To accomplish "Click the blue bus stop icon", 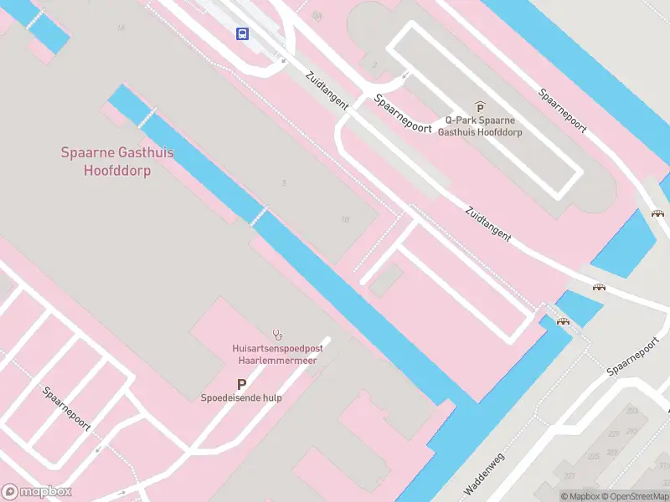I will coord(242,33).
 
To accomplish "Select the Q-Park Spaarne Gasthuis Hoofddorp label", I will coord(480,126).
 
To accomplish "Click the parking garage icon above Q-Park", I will coord(480,107).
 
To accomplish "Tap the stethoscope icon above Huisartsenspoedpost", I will coord(277,335).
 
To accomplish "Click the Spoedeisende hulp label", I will coord(241,398).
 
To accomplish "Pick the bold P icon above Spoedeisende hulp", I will coord(241,384).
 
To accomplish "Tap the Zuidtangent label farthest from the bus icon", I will coord(487,224).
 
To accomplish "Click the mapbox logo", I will coord(37,492).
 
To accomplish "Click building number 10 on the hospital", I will coord(345,220).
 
